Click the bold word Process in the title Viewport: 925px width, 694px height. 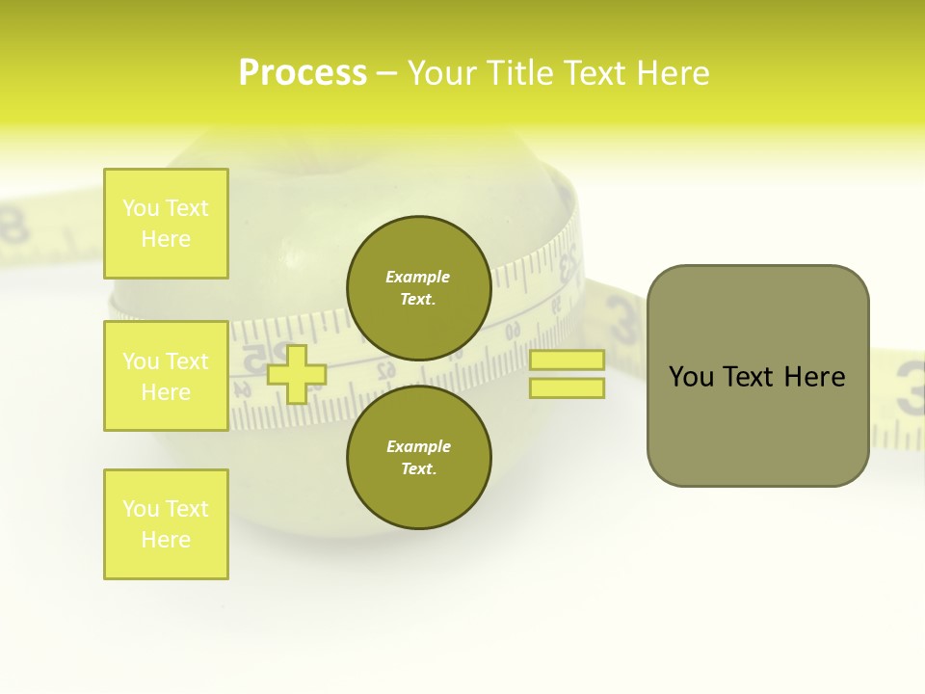(x=303, y=73)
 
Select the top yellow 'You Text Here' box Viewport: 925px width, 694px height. (x=166, y=224)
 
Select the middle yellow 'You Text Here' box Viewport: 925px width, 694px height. (x=166, y=376)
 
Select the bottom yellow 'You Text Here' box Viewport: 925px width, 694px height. (x=166, y=524)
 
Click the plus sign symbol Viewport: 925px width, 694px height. (x=296, y=374)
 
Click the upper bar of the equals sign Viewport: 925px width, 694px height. (x=567, y=360)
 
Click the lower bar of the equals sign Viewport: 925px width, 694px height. (x=567, y=387)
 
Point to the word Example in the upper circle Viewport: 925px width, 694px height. (x=418, y=277)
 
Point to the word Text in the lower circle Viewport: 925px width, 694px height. (x=417, y=469)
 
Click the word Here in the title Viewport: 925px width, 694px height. (x=674, y=73)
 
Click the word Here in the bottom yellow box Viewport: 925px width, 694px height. (x=166, y=540)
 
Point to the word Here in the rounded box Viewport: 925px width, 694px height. (x=814, y=377)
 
